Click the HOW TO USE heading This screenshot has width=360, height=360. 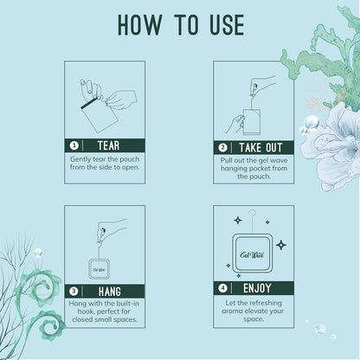(x=179, y=25)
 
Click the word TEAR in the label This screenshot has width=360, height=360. (x=109, y=145)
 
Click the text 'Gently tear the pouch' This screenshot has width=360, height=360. (x=104, y=159)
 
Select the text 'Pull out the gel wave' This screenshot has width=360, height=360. (x=254, y=159)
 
